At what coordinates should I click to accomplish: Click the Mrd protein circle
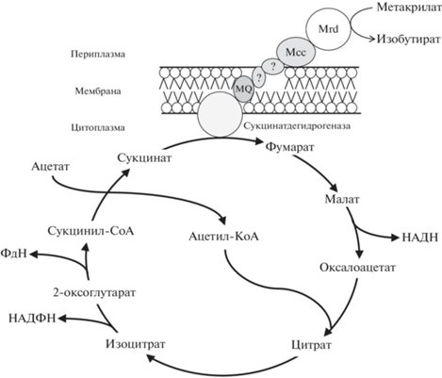[x=328, y=29]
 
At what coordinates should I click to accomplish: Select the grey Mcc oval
[x=296, y=52]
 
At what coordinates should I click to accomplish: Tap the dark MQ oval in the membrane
[x=244, y=89]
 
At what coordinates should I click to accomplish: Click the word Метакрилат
[x=409, y=8]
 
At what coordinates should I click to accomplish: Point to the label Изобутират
[x=409, y=39]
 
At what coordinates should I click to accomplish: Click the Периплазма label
[x=98, y=54]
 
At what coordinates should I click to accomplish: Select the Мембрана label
[x=98, y=91]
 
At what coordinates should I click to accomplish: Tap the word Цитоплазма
[x=98, y=127]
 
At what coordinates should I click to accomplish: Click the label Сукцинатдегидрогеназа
[x=297, y=126]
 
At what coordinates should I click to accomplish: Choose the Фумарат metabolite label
[x=289, y=147]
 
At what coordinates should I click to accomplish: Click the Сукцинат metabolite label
[x=144, y=157]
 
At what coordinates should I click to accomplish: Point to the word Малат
[x=342, y=199]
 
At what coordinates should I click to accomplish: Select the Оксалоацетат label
[x=357, y=268]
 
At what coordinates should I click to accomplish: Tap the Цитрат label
[x=311, y=345]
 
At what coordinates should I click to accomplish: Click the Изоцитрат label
[x=136, y=344]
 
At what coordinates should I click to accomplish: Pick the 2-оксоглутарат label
[x=94, y=293]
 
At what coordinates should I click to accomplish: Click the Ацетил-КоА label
[x=223, y=237]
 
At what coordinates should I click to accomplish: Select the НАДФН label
[x=32, y=319]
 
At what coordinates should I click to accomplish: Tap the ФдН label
[x=14, y=253]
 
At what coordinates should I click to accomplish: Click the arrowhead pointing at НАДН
[x=395, y=238]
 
